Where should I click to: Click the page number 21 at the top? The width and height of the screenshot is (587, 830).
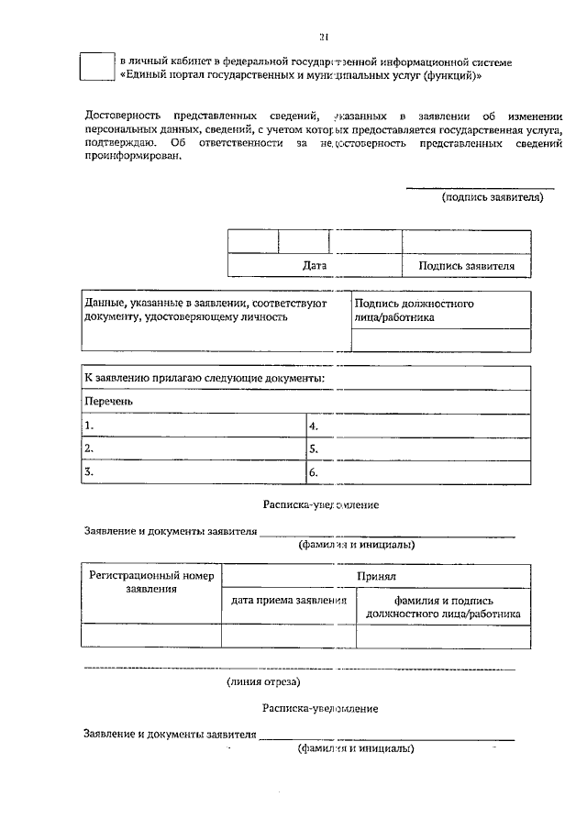(x=323, y=37)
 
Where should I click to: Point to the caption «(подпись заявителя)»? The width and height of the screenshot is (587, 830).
(x=493, y=196)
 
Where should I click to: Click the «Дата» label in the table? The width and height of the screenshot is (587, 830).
(x=315, y=266)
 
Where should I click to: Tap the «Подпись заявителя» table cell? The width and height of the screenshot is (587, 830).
(x=466, y=266)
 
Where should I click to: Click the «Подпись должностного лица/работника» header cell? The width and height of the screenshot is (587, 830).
(x=440, y=310)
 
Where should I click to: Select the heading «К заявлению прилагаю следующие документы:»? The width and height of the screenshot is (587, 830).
(x=204, y=378)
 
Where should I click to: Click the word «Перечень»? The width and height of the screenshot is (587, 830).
(x=109, y=402)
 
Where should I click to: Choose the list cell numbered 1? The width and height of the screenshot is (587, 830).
(x=193, y=426)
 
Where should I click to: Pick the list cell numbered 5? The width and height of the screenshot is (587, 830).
(x=417, y=449)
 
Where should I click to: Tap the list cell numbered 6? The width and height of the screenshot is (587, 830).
(x=417, y=472)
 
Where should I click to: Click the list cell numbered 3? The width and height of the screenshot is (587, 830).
(x=193, y=472)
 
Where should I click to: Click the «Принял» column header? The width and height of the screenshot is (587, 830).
(x=376, y=576)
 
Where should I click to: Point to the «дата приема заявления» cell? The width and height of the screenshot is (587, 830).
(x=288, y=600)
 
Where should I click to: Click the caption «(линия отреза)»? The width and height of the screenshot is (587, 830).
(x=264, y=681)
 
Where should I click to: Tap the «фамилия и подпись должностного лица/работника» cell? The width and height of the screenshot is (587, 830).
(x=443, y=606)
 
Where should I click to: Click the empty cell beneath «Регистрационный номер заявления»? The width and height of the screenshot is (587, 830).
(x=151, y=636)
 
